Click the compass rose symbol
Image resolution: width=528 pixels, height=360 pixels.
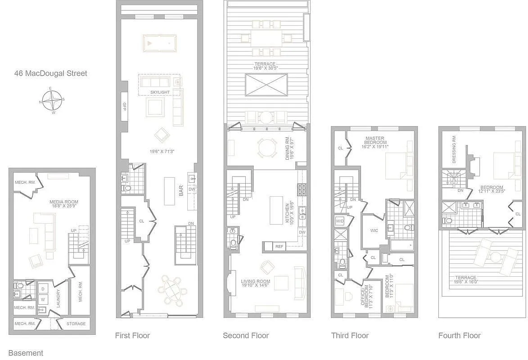[53, 100]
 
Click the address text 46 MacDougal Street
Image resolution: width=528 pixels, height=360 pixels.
[50, 73]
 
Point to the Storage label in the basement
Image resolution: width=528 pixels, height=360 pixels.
[76, 324]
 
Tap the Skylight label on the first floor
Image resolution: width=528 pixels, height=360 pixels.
[160, 92]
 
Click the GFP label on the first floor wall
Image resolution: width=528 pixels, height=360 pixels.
[124, 106]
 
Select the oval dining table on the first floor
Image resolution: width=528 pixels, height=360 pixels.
[173, 290]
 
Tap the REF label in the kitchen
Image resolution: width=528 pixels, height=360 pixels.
[279, 247]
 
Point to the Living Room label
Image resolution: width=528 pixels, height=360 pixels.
[256, 284]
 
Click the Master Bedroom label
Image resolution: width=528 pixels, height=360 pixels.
[375, 142]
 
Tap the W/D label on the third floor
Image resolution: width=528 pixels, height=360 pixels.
[339, 221]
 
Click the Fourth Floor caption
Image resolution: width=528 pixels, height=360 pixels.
[459, 336]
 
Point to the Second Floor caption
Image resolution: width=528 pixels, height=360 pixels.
[246, 336]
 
